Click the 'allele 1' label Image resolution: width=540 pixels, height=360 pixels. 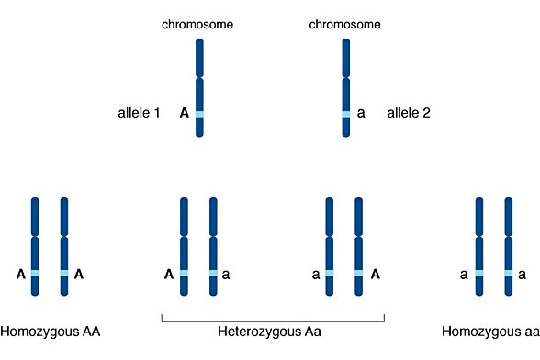[139, 114]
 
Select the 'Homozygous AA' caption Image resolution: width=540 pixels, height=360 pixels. [50, 332]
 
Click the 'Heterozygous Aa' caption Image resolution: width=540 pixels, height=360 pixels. [271, 332]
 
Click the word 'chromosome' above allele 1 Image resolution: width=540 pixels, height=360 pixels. [199, 23]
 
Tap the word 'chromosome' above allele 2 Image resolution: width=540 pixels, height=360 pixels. [346, 23]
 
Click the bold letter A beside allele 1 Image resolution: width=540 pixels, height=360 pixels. [185, 114]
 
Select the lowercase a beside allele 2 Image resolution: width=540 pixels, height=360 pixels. [361, 114]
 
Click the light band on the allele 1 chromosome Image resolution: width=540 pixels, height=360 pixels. [199, 114]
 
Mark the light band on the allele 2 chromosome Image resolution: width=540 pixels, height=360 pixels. [346, 114]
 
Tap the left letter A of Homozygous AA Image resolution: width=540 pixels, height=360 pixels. [20, 274]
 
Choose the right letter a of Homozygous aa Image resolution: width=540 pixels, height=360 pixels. [523, 274]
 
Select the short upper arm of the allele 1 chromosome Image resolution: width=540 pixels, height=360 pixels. [199, 58]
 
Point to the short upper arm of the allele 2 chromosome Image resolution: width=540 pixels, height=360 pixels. [346, 58]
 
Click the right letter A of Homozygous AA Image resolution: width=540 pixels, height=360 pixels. [79, 274]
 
